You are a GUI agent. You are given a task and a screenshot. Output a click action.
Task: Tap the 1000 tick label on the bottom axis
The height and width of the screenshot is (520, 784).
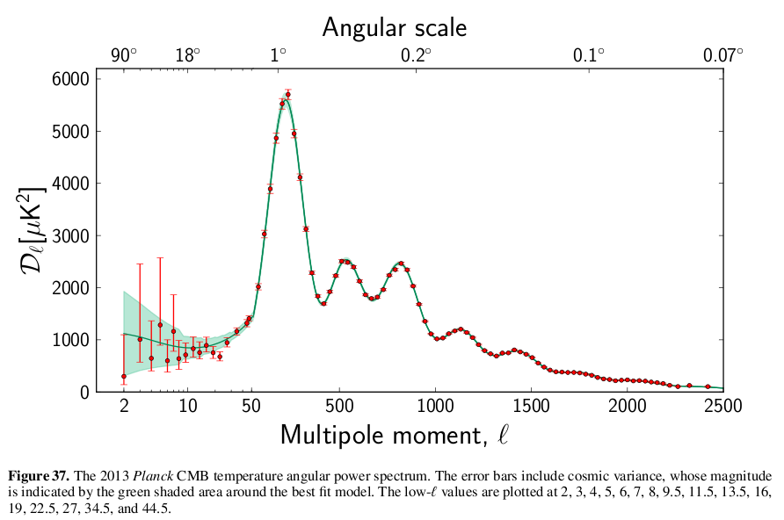point(434,407)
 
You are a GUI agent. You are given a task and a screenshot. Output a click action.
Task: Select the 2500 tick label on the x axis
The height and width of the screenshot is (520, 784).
point(722,407)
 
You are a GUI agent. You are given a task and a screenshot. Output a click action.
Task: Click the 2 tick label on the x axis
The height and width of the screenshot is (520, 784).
point(124,407)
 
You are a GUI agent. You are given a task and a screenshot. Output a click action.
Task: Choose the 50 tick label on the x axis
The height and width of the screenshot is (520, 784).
point(251,407)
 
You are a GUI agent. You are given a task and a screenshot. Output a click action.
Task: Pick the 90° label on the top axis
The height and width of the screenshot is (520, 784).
point(124,55)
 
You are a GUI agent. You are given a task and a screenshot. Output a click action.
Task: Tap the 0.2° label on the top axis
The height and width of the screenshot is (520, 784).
point(416,55)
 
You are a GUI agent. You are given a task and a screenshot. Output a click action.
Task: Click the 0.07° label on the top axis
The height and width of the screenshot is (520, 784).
point(722,55)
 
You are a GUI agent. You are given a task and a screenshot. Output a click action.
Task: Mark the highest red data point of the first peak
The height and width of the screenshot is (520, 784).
point(287,94)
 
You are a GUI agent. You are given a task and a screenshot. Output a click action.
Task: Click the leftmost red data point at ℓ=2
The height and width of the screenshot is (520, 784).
point(124,376)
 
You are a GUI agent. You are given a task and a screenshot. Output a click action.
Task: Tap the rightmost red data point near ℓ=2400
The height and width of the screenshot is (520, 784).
point(708,386)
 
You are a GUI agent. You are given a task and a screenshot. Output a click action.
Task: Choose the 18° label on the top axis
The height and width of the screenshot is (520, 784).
point(187,55)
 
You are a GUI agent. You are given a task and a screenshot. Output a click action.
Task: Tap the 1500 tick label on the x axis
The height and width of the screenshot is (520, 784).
point(531,407)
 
